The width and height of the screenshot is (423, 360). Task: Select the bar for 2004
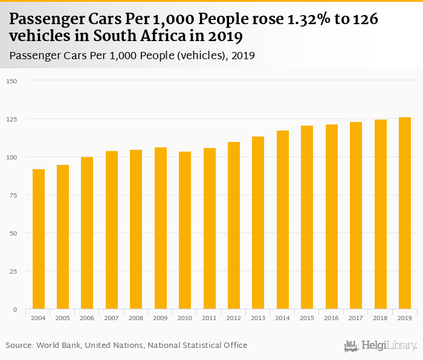(x=39, y=239)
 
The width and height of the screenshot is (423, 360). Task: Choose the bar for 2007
(x=112, y=230)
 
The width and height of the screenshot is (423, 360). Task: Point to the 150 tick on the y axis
(x=12, y=81)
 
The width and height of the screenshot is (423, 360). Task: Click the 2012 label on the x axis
(x=234, y=318)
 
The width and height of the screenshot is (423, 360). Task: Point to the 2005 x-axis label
(x=63, y=318)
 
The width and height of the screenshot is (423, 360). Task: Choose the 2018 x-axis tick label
(x=380, y=318)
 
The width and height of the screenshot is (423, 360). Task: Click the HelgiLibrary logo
(x=380, y=346)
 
